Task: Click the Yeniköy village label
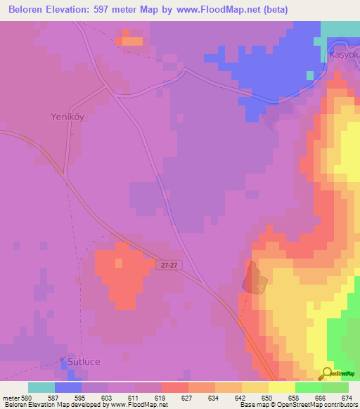67,117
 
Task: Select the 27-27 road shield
167,266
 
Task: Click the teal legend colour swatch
41,387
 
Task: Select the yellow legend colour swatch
281,387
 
